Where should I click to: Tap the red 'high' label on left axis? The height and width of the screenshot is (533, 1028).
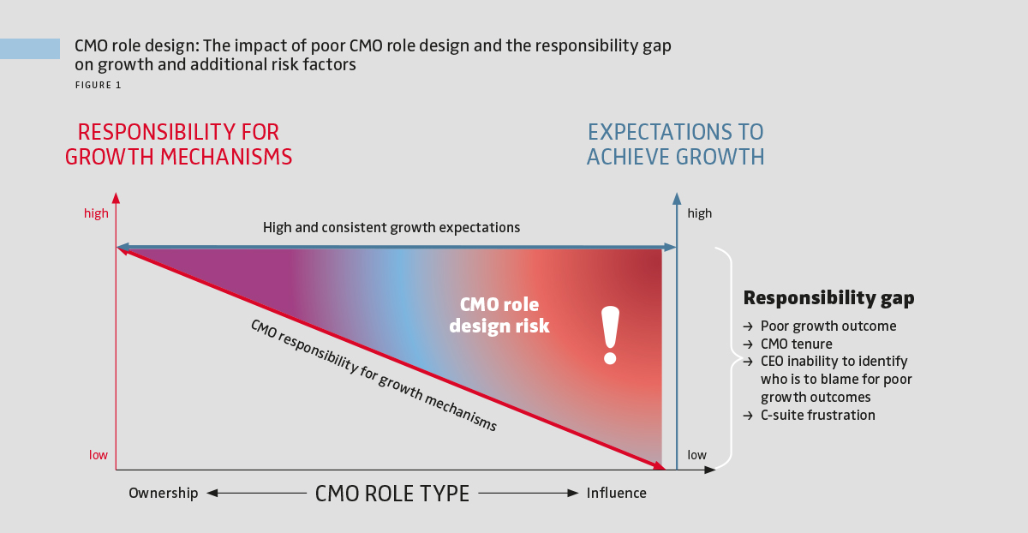[96, 213]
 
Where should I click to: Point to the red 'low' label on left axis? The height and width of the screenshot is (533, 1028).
[99, 455]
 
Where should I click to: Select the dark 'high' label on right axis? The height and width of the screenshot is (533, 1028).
[699, 213]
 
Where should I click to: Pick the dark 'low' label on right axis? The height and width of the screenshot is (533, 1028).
[697, 455]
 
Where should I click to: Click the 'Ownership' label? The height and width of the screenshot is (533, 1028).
[163, 493]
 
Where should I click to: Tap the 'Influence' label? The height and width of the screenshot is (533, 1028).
[616, 493]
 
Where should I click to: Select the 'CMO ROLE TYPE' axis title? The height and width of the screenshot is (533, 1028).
[392, 494]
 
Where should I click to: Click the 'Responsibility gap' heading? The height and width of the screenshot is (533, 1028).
[828, 298]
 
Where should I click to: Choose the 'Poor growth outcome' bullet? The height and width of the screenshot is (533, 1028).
[828, 326]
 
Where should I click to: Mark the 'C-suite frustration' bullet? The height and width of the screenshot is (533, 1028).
[817, 415]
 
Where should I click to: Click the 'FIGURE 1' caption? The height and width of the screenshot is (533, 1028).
[98, 85]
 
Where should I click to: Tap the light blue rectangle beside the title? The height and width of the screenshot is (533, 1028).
[30, 49]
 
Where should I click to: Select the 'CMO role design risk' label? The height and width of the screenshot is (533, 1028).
[499, 315]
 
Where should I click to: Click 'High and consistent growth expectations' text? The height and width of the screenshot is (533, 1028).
[391, 228]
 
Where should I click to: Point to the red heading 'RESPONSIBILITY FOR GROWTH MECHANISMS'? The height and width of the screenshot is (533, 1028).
[179, 145]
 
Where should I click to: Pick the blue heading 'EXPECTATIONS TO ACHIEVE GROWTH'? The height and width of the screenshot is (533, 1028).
[675, 145]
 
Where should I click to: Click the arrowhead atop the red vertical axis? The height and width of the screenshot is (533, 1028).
[116, 198]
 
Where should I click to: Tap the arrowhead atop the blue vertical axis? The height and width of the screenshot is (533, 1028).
[677, 198]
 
